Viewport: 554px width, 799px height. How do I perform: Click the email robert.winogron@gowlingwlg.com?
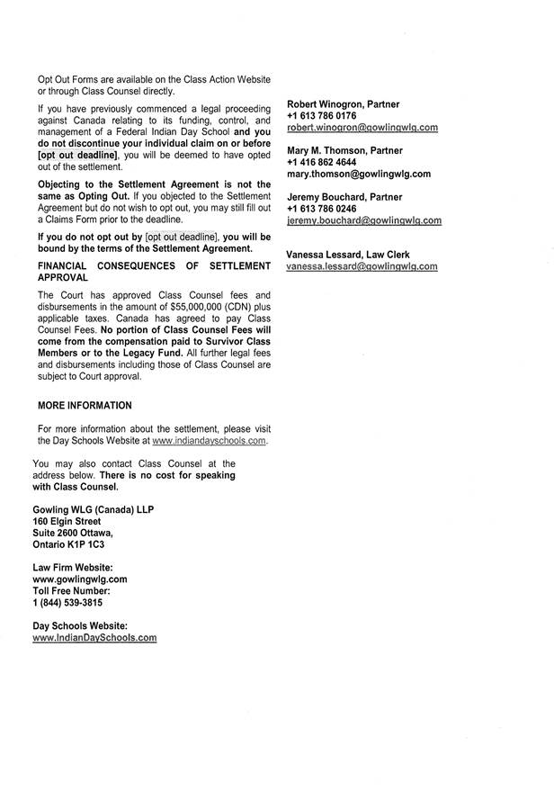coord(362,129)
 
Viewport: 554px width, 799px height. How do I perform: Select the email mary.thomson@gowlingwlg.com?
coord(359,174)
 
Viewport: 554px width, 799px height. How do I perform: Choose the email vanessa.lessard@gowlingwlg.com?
coord(362,266)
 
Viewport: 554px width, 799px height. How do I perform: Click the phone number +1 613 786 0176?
coord(321,116)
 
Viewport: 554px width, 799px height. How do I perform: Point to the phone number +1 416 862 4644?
coord(321,162)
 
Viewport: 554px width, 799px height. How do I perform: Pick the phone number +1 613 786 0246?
coord(321,208)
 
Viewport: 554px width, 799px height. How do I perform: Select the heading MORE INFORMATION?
coord(85,406)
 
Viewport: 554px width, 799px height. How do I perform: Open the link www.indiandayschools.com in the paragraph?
coord(210,442)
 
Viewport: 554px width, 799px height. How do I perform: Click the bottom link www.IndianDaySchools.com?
coord(94,637)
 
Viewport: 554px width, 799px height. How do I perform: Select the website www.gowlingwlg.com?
coord(79,579)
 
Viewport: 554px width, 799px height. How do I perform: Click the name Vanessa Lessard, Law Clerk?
coord(347,255)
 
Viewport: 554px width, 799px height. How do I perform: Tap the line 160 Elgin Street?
coord(67,521)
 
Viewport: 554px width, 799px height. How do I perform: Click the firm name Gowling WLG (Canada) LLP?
coord(93,509)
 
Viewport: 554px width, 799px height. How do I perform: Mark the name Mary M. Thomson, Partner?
coord(344,150)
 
